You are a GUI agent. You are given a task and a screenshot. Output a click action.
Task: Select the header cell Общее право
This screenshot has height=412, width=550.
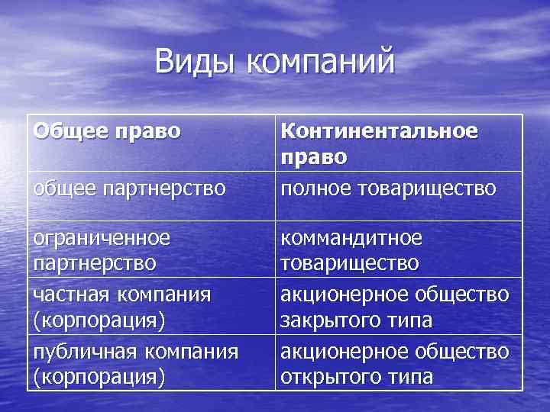click(x=107, y=131)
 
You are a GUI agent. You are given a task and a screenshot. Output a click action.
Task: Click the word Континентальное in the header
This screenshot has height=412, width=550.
click(x=380, y=131)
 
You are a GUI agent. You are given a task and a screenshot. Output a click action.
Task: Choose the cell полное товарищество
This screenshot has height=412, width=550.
click(x=389, y=188)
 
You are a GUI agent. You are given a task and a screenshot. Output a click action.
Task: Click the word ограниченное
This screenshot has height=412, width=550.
click(x=102, y=239)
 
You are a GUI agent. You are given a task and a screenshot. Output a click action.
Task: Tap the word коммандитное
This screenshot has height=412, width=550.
click(x=351, y=239)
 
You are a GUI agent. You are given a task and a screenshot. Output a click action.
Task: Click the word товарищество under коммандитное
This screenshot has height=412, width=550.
click(x=350, y=263)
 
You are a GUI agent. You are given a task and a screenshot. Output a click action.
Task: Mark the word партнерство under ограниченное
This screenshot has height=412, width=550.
click(x=95, y=263)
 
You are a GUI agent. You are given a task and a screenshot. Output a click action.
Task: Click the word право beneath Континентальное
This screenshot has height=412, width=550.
click(x=314, y=156)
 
